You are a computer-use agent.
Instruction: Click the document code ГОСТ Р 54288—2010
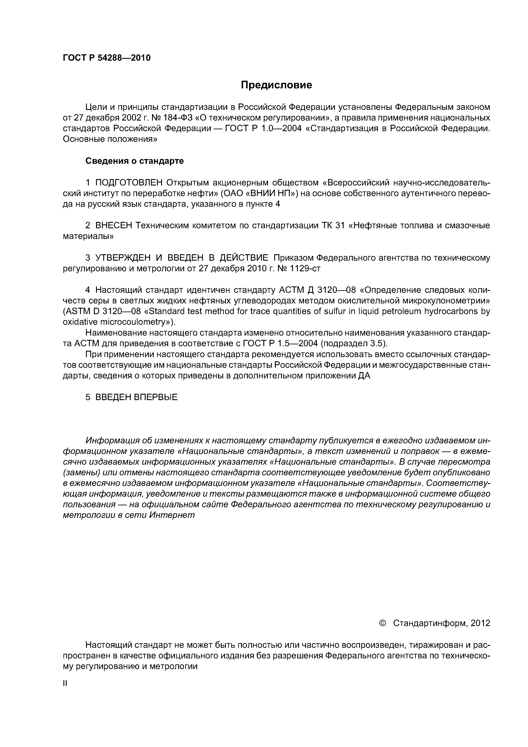(106, 58)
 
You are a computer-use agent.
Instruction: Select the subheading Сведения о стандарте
(134, 161)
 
